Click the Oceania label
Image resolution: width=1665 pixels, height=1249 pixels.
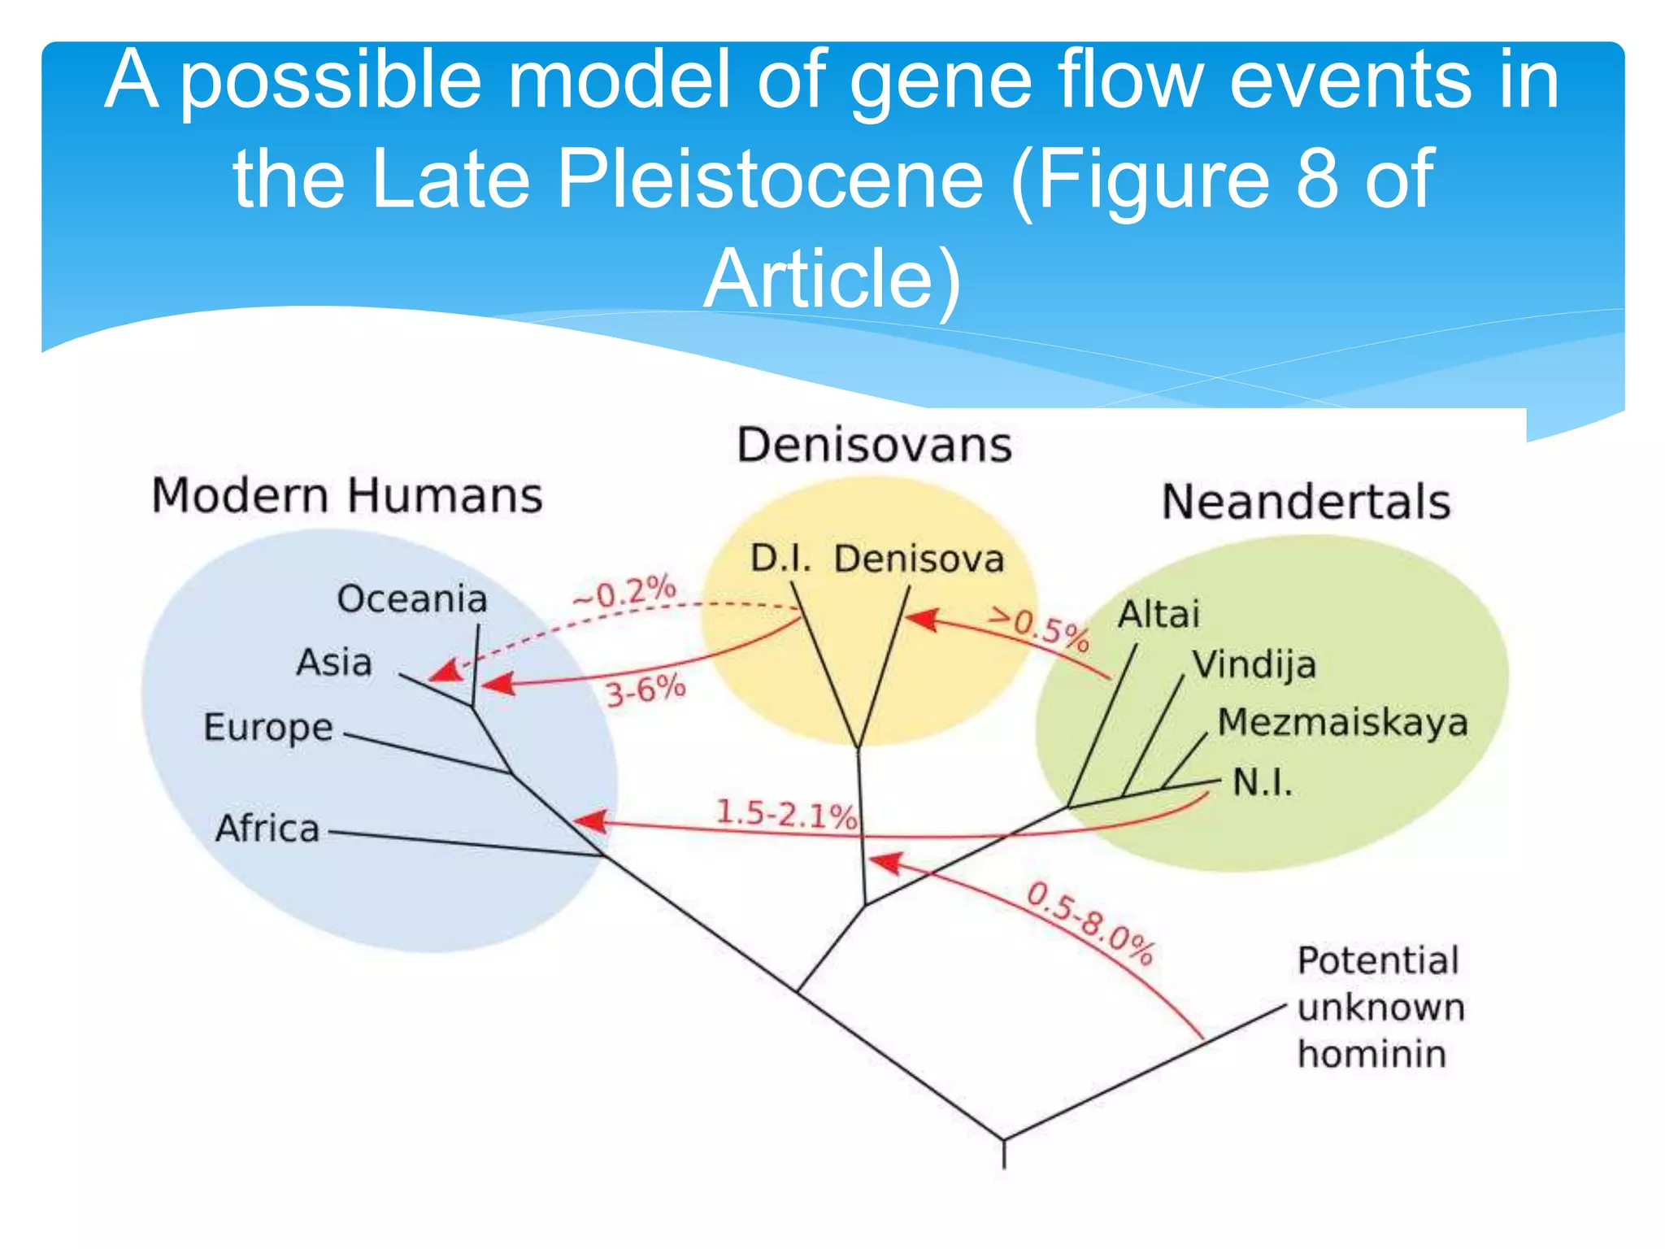tap(411, 599)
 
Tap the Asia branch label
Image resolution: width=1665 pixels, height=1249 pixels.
tap(334, 663)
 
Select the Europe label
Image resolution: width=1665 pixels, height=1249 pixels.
tap(268, 727)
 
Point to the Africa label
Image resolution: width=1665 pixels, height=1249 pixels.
tap(267, 829)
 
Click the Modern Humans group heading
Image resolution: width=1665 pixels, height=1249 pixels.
tap(347, 495)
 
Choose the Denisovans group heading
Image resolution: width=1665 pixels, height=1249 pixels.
tap(874, 446)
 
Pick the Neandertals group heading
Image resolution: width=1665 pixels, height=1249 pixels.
tap(1306, 502)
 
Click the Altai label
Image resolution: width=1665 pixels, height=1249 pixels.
tap(1158, 614)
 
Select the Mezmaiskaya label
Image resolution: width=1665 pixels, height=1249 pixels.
tap(1342, 722)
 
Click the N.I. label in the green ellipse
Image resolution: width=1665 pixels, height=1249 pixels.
tap(1262, 783)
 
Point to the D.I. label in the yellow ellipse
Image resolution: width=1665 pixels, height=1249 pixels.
tap(780, 559)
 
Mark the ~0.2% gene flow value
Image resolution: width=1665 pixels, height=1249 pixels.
tap(624, 591)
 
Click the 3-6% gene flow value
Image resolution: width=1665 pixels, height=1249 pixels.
tap(646, 692)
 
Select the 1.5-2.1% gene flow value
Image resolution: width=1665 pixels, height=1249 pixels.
tap(786, 813)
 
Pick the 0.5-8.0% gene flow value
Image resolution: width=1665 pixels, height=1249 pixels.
tap(1089, 924)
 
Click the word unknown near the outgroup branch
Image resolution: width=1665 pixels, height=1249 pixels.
tap(1380, 1007)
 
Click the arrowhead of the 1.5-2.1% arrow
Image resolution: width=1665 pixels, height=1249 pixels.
tap(590, 821)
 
